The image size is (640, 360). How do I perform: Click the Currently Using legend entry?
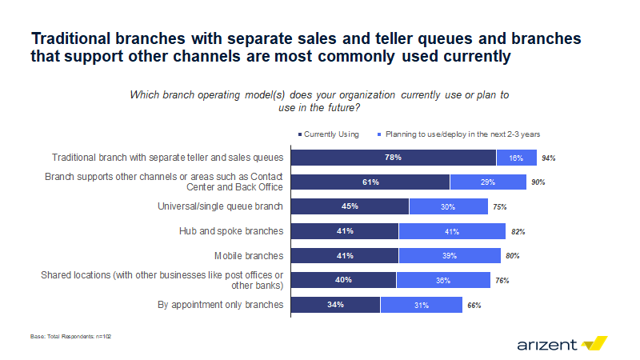[x=330, y=134]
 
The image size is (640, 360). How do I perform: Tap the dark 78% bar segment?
[x=394, y=158]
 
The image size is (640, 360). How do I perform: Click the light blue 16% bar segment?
[x=516, y=158]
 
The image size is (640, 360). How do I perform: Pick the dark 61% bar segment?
[x=370, y=182]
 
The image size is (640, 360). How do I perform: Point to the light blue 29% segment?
[x=488, y=182]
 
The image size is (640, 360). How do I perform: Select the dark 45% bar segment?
[x=350, y=207]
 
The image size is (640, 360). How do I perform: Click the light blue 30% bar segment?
[x=448, y=207]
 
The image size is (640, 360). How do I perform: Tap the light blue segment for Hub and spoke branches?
[x=452, y=232]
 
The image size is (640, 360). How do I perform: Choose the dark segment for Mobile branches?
[x=345, y=256]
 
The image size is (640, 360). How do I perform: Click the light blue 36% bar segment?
[x=442, y=281]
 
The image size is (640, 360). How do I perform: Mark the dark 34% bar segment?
[x=336, y=305]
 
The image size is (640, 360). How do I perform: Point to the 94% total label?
[x=548, y=158]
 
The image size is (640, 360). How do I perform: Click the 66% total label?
[x=474, y=306]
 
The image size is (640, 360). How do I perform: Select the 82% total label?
[x=517, y=232]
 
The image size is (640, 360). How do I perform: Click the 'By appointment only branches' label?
[x=222, y=305]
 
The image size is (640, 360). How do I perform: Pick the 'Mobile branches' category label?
[x=249, y=256]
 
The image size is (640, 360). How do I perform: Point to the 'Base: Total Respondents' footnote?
[x=65, y=338]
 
